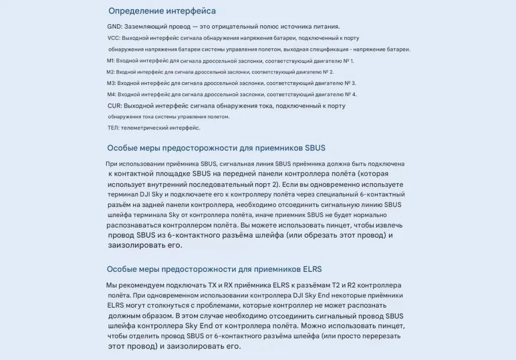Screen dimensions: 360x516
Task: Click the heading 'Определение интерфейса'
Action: pyautogui.click(x=162, y=11)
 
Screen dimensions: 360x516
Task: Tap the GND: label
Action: pyautogui.click(x=115, y=26)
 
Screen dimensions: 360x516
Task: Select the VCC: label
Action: pyautogui.click(x=114, y=38)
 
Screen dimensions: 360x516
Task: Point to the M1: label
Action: pyautogui.click(x=111, y=61)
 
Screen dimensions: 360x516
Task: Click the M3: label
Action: pyautogui.click(x=112, y=83)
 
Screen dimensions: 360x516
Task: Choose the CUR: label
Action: pyautogui.click(x=115, y=106)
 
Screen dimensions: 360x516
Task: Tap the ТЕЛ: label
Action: pyautogui.click(x=113, y=128)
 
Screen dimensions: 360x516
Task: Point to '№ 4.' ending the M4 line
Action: pyautogui.click(x=351, y=94)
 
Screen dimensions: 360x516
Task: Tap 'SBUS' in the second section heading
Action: pyautogui.click(x=315, y=148)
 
